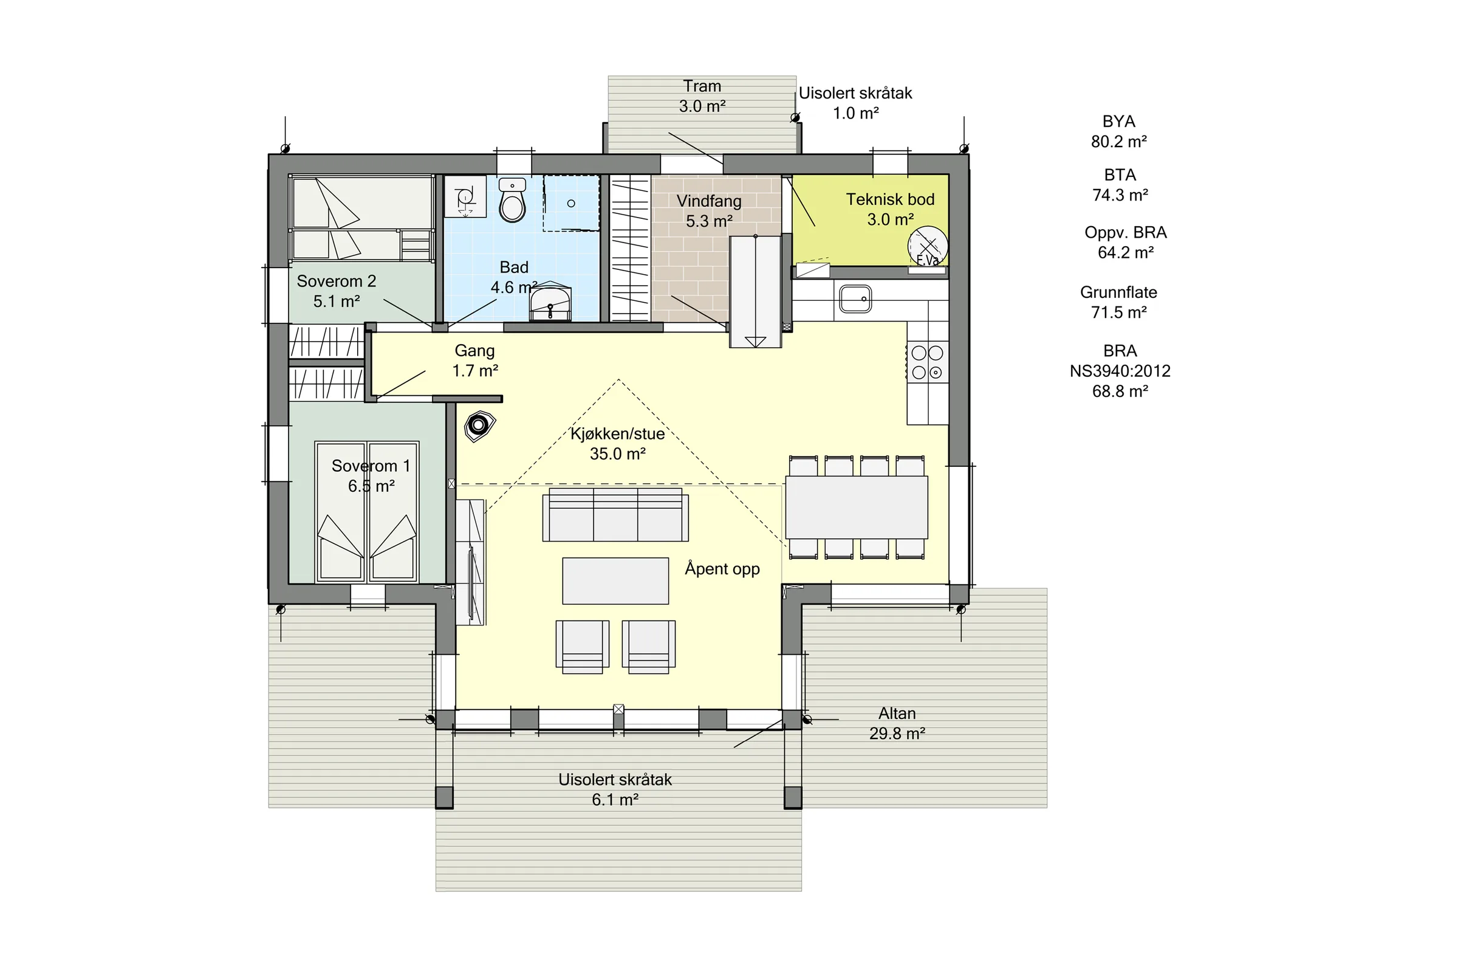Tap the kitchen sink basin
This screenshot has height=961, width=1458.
855,299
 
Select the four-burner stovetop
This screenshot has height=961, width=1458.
928,362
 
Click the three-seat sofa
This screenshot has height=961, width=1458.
615,514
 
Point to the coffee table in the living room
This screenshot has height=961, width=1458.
615,581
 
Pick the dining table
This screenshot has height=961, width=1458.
857,508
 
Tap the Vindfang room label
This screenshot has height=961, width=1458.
709,201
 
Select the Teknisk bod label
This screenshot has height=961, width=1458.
890,199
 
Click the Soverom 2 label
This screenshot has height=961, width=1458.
337,281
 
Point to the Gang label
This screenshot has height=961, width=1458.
475,351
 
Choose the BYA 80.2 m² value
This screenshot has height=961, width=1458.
1118,142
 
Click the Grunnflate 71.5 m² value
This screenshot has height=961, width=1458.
1118,312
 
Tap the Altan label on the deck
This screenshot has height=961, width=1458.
897,714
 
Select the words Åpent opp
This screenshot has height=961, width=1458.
722,569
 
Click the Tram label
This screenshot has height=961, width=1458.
702,86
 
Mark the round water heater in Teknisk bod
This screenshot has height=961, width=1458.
928,246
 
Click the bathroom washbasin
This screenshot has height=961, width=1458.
550,303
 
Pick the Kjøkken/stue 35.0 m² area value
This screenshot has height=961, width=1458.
617,454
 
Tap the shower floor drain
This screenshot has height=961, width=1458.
571,204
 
